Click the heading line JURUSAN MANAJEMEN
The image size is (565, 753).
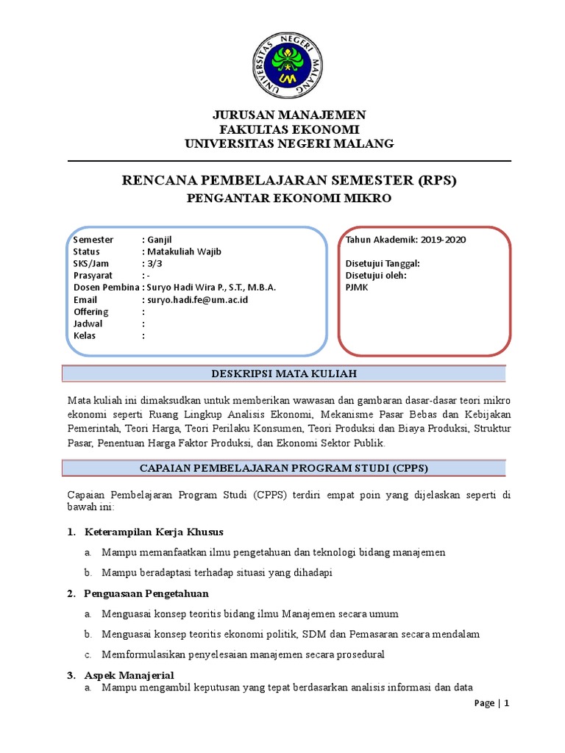(288, 115)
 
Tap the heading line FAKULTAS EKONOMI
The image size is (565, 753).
(288, 129)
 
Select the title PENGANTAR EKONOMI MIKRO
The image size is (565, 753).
(288, 199)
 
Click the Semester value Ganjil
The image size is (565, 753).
(158, 240)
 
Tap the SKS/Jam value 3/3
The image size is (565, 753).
(154, 264)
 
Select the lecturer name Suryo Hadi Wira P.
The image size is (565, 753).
(190, 288)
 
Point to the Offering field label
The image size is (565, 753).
(91, 312)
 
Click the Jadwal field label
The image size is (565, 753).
(88, 324)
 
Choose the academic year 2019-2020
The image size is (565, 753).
(443, 240)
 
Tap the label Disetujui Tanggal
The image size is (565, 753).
(383, 264)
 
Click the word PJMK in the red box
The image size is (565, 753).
(357, 288)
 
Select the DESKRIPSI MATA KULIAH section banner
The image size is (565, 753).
(284, 374)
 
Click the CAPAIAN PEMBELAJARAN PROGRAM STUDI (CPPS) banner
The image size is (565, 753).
(284, 468)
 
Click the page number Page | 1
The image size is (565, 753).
(491, 703)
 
